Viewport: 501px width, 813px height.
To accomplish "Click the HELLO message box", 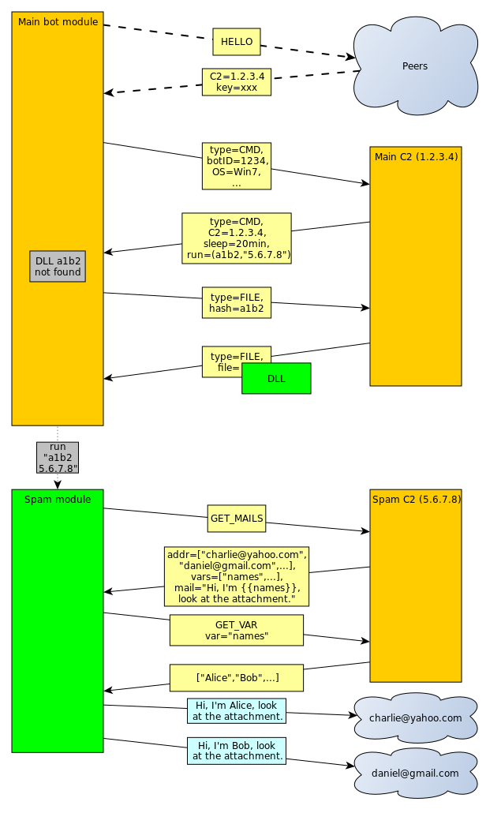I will pyautogui.click(x=237, y=42).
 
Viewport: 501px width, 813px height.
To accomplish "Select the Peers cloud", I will pyautogui.click(x=415, y=66).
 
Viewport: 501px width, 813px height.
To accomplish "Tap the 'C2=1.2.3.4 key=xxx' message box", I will pyautogui.click(x=237, y=82).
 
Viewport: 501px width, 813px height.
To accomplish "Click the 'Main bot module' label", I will pyautogui.click(x=58, y=22).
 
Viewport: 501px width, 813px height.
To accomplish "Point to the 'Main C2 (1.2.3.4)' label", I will pyautogui.click(x=416, y=156).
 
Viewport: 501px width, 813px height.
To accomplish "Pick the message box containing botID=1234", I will pyautogui.click(x=237, y=166).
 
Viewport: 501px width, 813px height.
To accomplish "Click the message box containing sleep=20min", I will pyautogui.click(x=237, y=238).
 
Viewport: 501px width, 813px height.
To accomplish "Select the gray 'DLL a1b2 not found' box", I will pyautogui.click(x=58, y=266).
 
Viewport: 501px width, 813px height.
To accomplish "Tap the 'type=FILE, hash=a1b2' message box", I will pyautogui.click(x=237, y=302).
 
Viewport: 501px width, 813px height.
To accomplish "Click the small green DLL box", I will pyautogui.click(x=276, y=378).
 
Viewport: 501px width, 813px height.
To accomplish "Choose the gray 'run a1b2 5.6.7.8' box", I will pyautogui.click(x=58, y=457).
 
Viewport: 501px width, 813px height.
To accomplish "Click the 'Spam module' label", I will pyautogui.click(x=58, y=500).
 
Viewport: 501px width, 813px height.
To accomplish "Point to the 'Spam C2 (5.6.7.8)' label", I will pyautogui.click(x=416, y=500).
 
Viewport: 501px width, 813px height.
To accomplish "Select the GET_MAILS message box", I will pyautogui.click(x=237, y=519).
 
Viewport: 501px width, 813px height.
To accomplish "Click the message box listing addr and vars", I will pyautogui.click(x=237, y=576).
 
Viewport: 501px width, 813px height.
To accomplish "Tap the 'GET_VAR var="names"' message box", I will pyautogui.click(x=237, y=630).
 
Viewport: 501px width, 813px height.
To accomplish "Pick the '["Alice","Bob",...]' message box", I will pyautogui.click(x=237, y=677).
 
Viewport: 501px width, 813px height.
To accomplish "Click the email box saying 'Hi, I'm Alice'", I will pyautogui.click(x=237, y=710).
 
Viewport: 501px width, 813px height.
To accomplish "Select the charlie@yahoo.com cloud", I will pyautogui.click(x=416, y=718).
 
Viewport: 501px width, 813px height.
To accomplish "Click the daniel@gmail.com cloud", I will pyautogui.click(x=416, y=774).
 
